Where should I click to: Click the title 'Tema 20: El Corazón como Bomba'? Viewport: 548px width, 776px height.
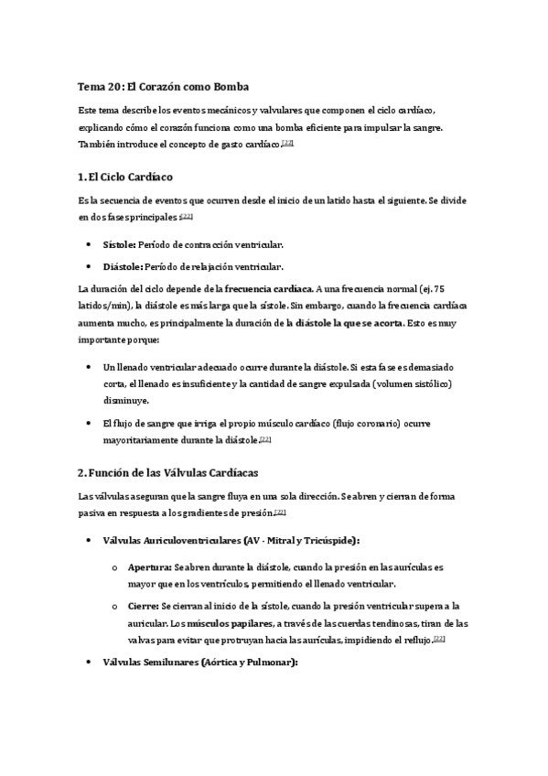pyautogui.click(x=157, y=86)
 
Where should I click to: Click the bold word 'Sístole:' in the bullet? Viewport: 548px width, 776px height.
pyautogui.click(x=120, y=245)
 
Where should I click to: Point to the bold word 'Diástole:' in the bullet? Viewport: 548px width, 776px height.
pyautogui.click(x=124, y=267)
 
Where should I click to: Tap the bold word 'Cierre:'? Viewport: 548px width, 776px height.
pyautogui.click(x=143, y=606)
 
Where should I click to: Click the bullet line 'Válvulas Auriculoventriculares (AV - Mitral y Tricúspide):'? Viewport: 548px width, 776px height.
pyautogui.click(x=231, y=540)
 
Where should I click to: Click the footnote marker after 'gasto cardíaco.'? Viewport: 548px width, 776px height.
pyautogui.click(x=287, y=144)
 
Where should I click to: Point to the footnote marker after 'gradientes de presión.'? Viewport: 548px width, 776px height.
pyautogui.click(x=281, y=512)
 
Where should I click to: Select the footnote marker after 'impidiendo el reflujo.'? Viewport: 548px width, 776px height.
pyautogui.click(x=439, y=639)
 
